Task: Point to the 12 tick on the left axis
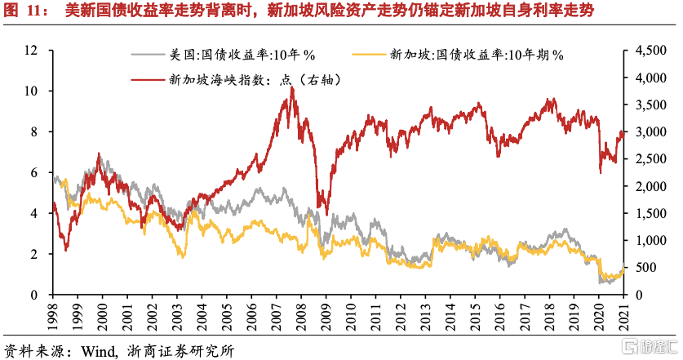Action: pyautogui.click(x=33, y=50)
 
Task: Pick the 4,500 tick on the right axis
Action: pyautogui.click(x=647, y=50)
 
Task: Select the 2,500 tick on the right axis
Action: pyautogui.click(x=647, y=158)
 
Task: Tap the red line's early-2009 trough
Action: pyautogui.click(x=327, y=214)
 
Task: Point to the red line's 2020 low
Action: pyautogui.click(x=601, y=172)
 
